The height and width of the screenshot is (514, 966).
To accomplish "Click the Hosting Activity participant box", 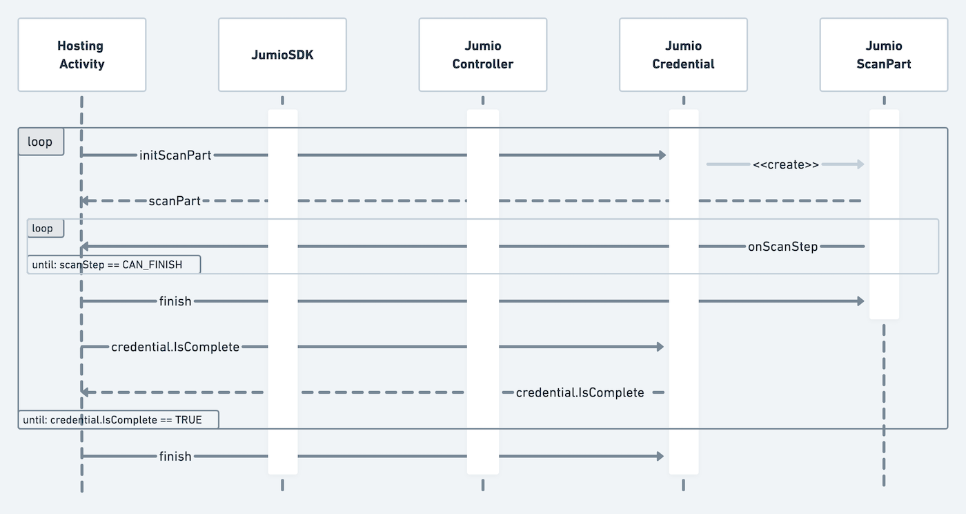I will point(81,55).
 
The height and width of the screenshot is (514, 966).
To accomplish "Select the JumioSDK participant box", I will point(282,55).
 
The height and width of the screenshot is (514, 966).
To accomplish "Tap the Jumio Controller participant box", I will point(482,55).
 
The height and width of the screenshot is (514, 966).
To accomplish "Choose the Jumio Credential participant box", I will point(683,55).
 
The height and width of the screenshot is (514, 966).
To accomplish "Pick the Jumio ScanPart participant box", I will point(883,55).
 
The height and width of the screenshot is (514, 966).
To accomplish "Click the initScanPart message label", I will point(175,155).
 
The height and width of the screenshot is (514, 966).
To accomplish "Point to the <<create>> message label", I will point(785,164).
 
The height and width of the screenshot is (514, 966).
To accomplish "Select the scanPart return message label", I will point(175,201).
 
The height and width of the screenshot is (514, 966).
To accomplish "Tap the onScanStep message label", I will point(782,247).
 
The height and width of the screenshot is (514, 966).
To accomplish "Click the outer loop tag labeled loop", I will point(40,142).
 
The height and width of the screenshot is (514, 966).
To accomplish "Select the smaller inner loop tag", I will point(43,229).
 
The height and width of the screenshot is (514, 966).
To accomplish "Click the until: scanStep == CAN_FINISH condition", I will point(114,265).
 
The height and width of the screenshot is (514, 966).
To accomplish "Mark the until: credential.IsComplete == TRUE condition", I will point(118,419).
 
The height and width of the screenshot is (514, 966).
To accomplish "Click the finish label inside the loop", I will point(175,301).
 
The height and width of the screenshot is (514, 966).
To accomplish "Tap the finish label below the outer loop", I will point(175,456).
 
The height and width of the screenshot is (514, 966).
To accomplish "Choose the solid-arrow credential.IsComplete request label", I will point(175,347).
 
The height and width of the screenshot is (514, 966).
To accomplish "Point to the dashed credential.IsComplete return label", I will point(580,392).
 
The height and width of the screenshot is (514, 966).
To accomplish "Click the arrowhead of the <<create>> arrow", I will point(860,164).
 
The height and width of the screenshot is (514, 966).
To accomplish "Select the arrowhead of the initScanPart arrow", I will point(660,155).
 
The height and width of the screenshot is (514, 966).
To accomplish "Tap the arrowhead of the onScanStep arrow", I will point(85,247).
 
